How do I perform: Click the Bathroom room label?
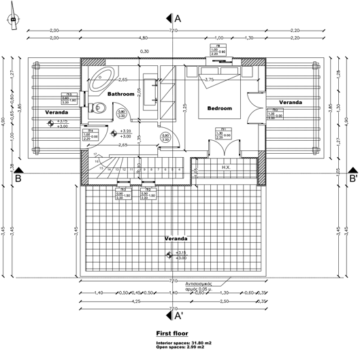[121, 94]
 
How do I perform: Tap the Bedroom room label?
[219, 108]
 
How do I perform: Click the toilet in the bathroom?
[99, 107]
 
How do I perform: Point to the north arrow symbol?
[13, 20]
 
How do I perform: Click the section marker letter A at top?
[178, 18]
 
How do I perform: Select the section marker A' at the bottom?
[178, 316]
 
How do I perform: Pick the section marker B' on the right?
[353, 179]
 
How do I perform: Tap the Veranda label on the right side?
[290, 102]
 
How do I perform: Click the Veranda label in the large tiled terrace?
[176, 239]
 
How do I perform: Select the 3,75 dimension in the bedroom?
[209, 80]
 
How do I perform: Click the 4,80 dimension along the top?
[143, 39]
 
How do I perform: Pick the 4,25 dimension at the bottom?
[137, 300]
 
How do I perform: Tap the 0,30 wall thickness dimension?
[144, 52]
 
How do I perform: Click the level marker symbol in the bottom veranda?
[169, 255]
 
